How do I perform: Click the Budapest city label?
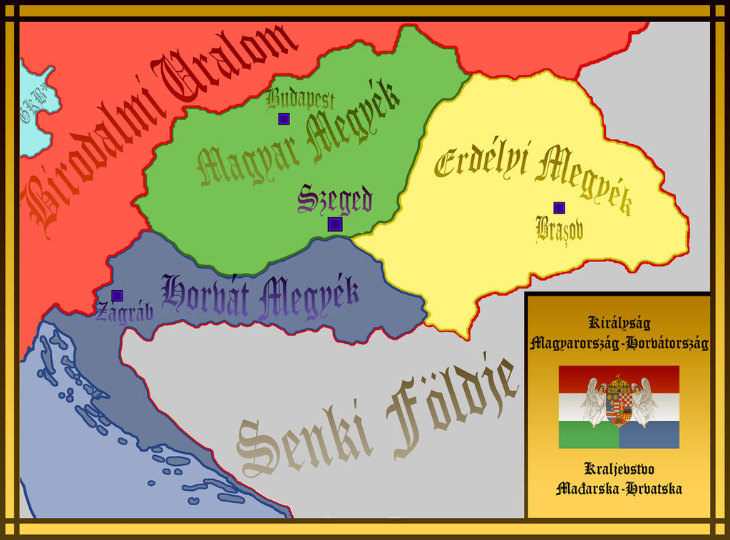coord(300,100)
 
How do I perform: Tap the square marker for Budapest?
coord(284,119)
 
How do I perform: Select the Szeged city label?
coord(335,199)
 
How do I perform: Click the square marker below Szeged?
coord(335,224)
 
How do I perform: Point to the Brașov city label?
coord(559,229)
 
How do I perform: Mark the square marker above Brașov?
coord(559,208)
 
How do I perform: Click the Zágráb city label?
coord(125,313)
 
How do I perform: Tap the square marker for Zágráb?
coord(117,296)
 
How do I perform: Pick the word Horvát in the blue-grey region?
coord(206,295)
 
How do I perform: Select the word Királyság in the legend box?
coord(619,322)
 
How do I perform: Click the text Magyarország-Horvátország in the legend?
coord(619,343)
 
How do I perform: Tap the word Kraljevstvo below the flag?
coord(619,469)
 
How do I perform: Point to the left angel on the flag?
coord(594,403)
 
